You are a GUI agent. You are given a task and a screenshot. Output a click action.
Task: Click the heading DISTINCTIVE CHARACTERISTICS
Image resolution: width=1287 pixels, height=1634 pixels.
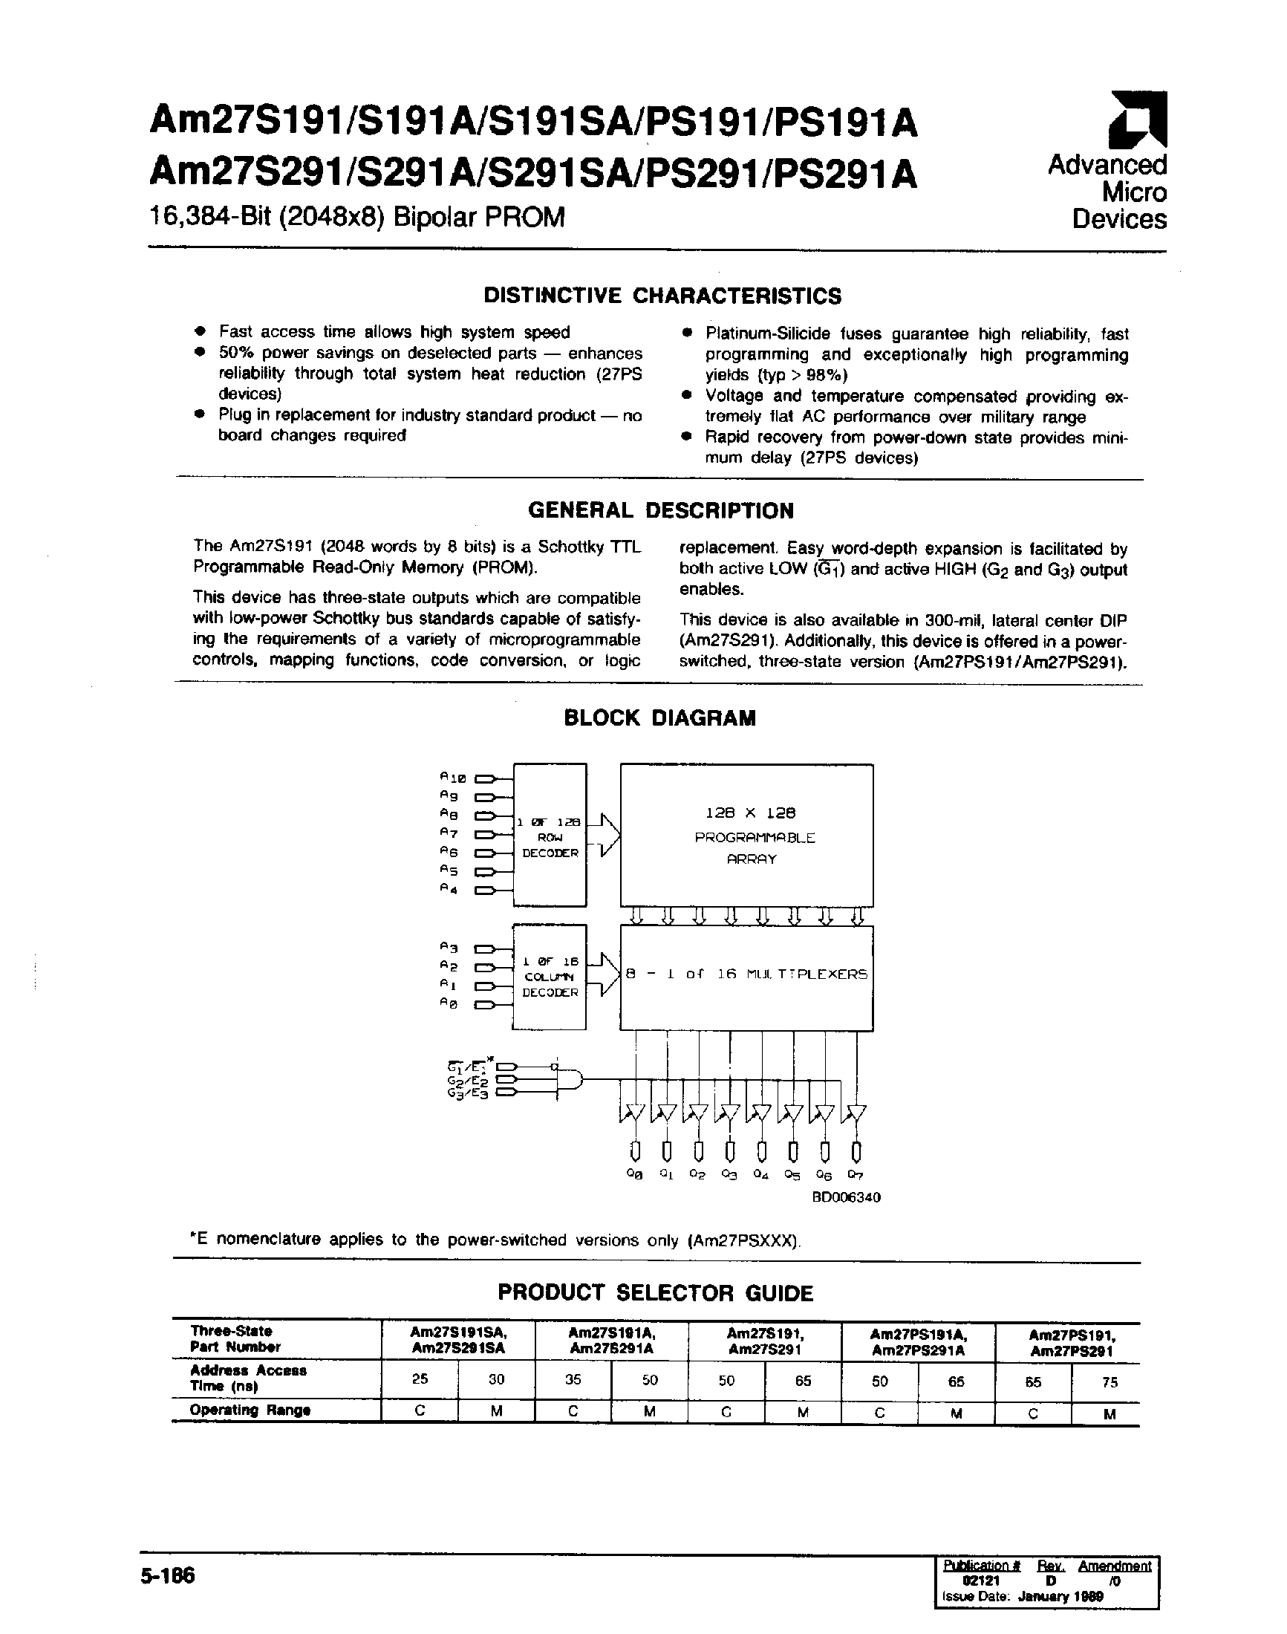662,296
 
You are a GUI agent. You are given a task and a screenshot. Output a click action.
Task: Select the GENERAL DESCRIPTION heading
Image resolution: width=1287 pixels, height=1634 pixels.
661,511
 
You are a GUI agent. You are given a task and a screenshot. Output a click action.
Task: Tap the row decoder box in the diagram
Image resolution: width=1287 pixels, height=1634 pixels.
550,835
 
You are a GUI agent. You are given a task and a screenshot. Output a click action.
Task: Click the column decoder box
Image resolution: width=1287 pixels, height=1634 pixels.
550,977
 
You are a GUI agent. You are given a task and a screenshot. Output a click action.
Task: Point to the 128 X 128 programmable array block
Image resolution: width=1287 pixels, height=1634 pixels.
746,835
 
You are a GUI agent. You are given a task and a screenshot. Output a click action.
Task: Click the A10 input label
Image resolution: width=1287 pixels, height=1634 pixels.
453,777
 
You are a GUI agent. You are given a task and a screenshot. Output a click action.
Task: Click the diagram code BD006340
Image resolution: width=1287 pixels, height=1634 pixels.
845,1197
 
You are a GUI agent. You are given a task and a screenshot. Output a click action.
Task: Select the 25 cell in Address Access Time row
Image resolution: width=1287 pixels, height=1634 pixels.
420,1379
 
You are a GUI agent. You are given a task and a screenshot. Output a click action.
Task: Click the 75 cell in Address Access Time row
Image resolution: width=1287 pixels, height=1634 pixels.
1110,1382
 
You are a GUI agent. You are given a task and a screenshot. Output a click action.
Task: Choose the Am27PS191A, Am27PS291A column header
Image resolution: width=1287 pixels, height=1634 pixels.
918,1342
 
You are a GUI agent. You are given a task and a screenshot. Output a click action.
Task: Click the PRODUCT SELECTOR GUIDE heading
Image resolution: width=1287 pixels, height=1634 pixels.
655,1293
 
